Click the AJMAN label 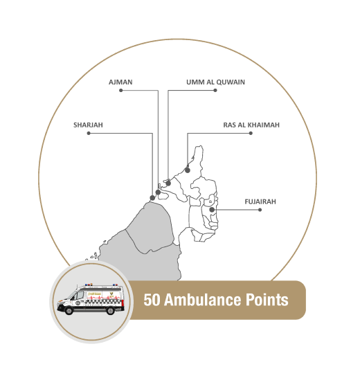coord(120,82)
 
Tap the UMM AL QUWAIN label coord(215,82)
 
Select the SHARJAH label coord(88,125)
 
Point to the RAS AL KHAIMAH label coord(251,125)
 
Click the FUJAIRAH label coord(260,201)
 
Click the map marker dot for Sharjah coord(152,198)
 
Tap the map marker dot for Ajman coord(158,192)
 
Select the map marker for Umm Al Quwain coord(168,183)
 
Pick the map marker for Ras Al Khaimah coord(188,170)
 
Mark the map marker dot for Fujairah coord(212,210)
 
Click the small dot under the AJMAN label coord(121,91)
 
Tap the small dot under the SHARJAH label coord(89,134)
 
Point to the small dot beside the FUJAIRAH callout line coord(260,210)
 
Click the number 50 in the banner coord(152,300)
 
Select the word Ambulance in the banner coord(202,300)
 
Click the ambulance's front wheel coord(69,311)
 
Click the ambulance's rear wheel coord(110,311)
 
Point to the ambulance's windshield coord(71,295)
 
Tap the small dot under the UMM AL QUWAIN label coord(215,91)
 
